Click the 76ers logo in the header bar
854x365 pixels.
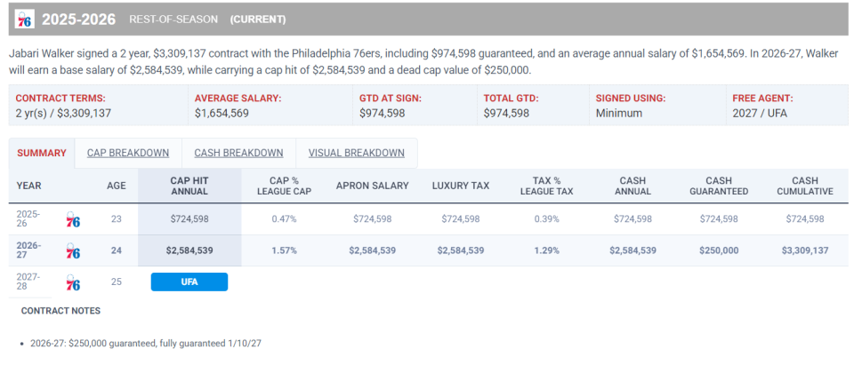click(25, 19)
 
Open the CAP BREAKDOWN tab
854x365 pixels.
click(128, 153)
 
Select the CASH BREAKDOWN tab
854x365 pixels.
click(238, 153)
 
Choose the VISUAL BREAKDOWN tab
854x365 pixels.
click(356, 153)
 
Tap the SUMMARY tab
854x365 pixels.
click(42, 153)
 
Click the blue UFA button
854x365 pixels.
click(189, 282)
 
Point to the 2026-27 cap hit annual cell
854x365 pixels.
click(189, 250)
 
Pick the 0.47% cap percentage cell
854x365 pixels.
click(284, 219)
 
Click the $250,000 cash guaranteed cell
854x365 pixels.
click(719, 250)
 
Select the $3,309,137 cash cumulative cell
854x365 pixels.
click(805, 250)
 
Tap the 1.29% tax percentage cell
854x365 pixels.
click(546, 250)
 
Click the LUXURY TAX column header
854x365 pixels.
click(461, 186)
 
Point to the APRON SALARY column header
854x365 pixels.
click(373, 186)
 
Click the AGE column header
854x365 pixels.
click(116, 186)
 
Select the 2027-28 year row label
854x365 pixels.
click(28, 282)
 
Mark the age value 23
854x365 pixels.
click(116, 219)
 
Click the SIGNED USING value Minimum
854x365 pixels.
click(619, 113)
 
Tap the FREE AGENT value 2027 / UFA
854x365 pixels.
click(761, 113)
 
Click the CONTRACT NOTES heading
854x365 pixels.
click(60, 311)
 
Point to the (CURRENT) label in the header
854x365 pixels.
click(258, 19)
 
